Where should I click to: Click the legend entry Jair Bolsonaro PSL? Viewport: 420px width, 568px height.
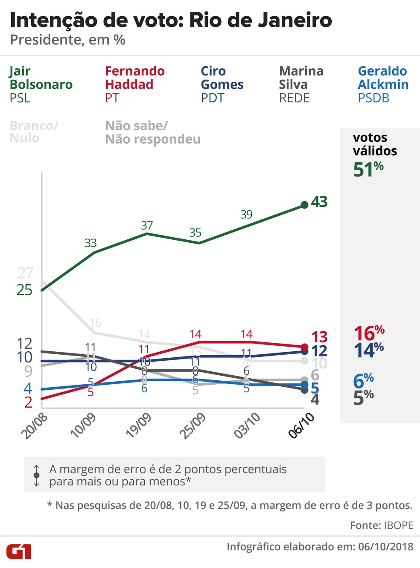[x=41, y=84]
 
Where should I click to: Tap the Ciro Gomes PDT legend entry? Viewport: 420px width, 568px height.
[x=222, y=84]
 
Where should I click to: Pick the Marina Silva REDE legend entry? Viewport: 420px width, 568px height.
[x=301, y=84]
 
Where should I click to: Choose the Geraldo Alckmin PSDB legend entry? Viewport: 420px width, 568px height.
[x=383, y=84]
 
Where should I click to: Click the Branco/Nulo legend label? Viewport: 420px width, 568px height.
[x=34, y=132]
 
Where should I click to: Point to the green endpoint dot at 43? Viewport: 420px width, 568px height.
[x=304, y=205]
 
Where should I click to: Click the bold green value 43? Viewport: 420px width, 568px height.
[x=319, y=202]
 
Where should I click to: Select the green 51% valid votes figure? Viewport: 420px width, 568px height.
[x=368, y=169]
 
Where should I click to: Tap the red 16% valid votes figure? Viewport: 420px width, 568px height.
[x=369, y=333]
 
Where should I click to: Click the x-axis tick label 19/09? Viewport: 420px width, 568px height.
[x=139, y=425]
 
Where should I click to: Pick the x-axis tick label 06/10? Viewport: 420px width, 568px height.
[x=301, y=425]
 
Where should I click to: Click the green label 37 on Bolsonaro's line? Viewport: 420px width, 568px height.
[x=147, y=225]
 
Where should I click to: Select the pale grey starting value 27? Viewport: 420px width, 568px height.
[x=25, y=273]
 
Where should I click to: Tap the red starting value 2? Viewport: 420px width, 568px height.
[x=28, y=402]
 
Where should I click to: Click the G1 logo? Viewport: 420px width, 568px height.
[x=19, y=551]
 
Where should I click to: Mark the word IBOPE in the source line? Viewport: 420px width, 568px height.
[x=399, y=525]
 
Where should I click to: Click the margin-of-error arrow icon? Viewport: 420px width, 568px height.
[x=37, y=475]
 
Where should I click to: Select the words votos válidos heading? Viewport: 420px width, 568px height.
[x=375, y=144]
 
